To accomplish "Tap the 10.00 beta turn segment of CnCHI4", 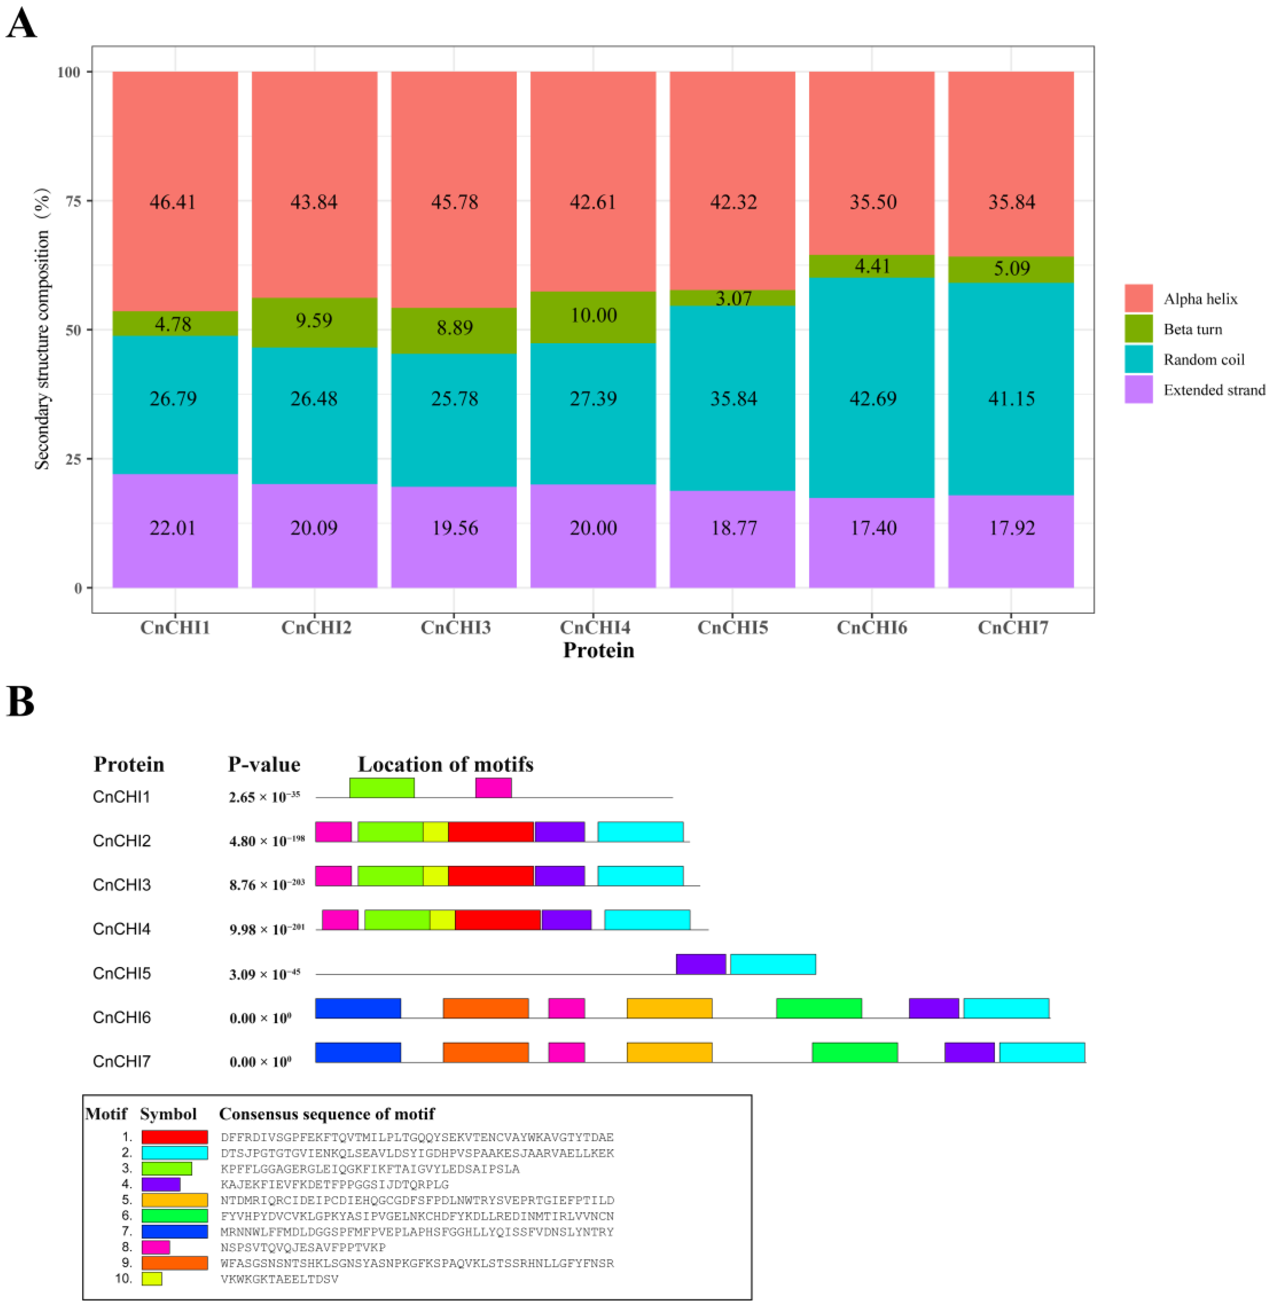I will (x=593, y=315).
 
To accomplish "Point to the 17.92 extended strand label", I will (x=1012, y=528).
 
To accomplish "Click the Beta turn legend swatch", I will (x=1138, y=329).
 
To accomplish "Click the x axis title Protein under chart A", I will (x=598, y=650).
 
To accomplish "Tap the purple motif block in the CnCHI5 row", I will (x=700, y=964).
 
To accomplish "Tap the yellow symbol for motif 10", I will (x=152, y=1279).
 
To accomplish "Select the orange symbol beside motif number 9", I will (x=175, y=1263).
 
